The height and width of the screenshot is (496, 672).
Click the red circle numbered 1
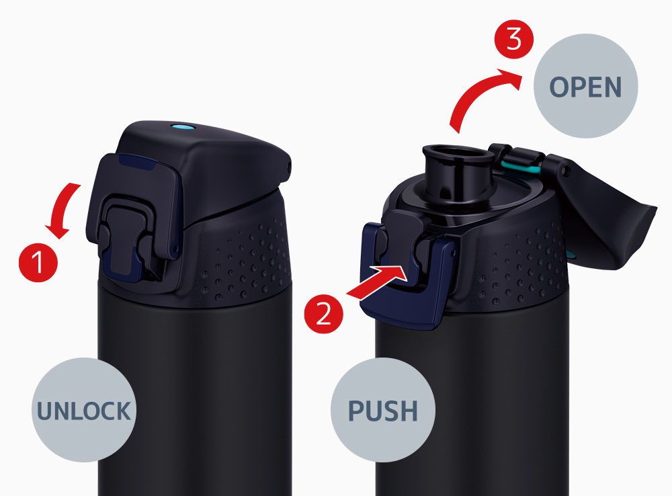38,262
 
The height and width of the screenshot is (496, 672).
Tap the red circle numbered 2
324,315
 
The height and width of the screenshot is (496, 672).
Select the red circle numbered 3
514,40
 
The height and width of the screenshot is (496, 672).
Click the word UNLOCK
84,411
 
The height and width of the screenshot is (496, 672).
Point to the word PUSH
383,411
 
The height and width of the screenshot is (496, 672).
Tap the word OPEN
585,87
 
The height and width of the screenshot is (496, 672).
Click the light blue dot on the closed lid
181,127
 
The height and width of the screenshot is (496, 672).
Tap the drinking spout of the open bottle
458,176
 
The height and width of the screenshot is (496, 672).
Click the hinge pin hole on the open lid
566,171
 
